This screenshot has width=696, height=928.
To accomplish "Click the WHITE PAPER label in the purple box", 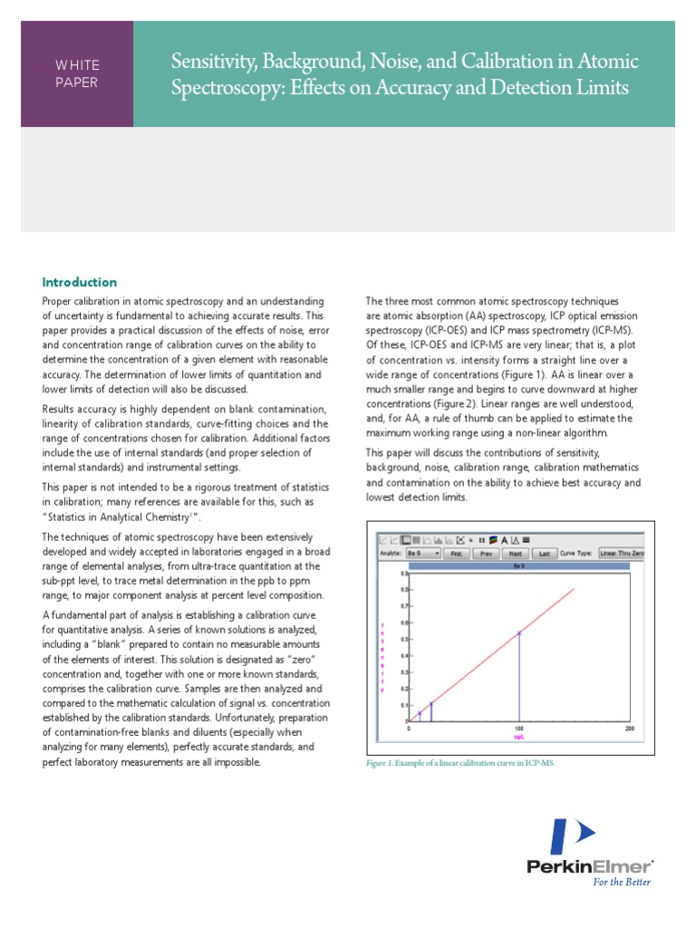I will coord(77,73).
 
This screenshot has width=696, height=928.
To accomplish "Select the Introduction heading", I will coord(80,282).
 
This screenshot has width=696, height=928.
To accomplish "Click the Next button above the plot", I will coord(516,552).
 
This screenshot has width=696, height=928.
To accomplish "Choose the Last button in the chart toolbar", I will coord(544,552).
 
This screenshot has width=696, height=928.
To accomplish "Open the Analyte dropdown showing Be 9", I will coord(424,552).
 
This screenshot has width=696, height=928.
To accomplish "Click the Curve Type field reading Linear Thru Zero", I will coord(623,552).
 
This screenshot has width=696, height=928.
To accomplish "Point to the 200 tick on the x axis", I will coord(629,729).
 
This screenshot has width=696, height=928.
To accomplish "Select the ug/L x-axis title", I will coord(518,737).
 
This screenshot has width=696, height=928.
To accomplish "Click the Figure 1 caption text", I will coord(459,763).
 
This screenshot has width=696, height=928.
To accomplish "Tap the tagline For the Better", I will coord(621,881).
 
